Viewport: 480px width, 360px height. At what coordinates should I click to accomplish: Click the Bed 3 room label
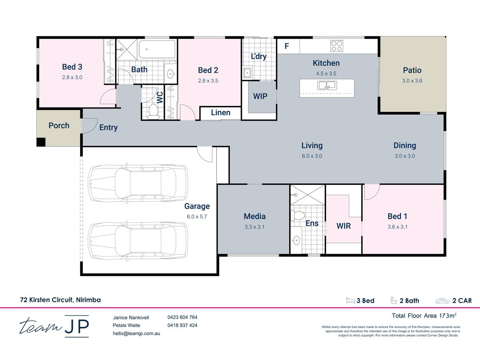click(x=72, y=67)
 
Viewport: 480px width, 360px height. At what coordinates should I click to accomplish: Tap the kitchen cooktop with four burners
click(x=337, y=46)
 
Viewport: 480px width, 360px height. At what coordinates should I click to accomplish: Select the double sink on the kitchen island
click(x=327, y=85)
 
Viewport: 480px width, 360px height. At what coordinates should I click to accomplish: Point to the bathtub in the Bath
click(x=157, y=49)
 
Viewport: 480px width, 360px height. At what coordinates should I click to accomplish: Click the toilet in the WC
click(x=154, y=111)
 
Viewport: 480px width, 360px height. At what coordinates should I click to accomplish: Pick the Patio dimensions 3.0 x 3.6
click(x=412, y=81)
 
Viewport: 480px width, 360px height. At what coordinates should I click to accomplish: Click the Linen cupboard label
click(x=221, y=112)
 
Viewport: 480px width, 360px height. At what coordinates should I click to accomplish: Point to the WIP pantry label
click(x=260, y=96)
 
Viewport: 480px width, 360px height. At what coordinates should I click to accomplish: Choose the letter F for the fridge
click(x=287, y=46)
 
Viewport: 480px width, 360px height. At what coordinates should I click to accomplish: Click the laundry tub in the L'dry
click(x=248, y=72)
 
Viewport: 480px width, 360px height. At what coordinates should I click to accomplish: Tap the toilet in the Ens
click(x=298, y=215)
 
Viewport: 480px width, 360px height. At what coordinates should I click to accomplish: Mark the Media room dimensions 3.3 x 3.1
click(x=254, y=227)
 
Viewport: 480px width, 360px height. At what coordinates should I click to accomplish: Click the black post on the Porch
click(x=41, y=142)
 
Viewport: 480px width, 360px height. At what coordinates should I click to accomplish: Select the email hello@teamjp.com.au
click(x=136, y=334)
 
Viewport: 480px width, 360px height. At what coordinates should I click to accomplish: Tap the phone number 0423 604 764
click(x=182, y=317)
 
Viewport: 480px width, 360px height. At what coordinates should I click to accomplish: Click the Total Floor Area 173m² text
click(x=424, y=316)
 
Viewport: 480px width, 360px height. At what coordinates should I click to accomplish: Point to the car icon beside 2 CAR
click(x=443, y=301)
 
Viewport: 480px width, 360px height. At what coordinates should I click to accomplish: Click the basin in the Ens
click(x=296, y=240)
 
